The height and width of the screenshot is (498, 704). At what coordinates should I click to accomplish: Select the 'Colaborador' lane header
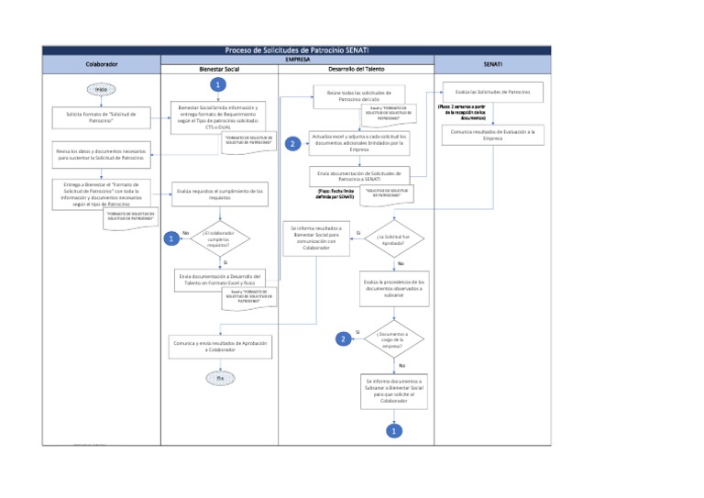(x=101, y=65)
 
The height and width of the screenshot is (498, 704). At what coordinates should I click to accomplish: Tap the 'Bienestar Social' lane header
(x=219, y=70)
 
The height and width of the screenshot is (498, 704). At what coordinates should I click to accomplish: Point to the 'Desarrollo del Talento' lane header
(x=356, y=70)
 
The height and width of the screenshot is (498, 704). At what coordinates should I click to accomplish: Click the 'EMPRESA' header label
(x=297, y=59)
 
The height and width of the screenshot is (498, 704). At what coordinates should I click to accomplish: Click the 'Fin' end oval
(x=219, y=377)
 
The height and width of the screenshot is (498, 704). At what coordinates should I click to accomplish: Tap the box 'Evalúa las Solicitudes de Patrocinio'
(x=493, y=93)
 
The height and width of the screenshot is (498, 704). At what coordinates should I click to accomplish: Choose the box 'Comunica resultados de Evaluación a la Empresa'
(x=493, y=135)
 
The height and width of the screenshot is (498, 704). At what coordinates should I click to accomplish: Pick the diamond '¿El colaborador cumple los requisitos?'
(x=219, y=238)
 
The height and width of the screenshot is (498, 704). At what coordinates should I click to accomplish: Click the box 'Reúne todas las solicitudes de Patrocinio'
(x=358, y=96)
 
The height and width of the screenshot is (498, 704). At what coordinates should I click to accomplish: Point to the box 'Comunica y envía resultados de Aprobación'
(x=219, y=346)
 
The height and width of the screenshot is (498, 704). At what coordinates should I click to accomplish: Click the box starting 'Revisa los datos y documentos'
(x=101, y=153)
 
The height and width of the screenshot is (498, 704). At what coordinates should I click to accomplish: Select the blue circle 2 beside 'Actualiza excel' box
(x=292, y=144)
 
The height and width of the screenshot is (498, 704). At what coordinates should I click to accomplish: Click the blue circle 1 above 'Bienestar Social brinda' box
(x=217, y=84)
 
